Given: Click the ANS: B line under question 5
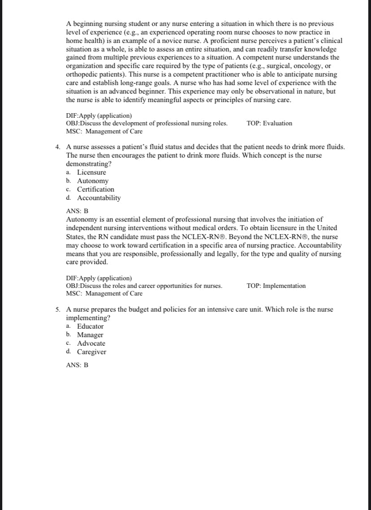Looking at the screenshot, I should pyautogui.click(x=77, y=365).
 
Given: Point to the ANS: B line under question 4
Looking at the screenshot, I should pyautogui.click(x=77, y=211).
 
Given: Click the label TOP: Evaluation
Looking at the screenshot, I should pyautogui.click(x=269, y=123).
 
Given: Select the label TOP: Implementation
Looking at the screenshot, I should pyautogui.click(x=276, y=286).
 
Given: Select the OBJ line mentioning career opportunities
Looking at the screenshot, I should pyautogui.click(x=144, y=286).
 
